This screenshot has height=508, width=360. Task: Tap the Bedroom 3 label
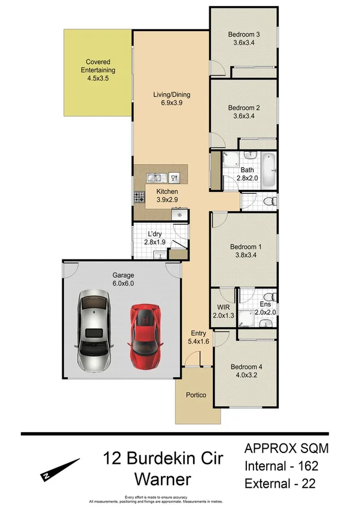243,34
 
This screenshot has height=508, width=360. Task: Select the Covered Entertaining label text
98,66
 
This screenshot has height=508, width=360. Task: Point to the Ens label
265,304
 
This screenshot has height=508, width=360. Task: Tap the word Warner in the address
163,479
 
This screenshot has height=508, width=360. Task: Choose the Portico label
196,395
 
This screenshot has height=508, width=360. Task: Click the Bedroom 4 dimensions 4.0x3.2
243,376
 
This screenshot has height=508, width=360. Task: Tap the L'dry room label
155,234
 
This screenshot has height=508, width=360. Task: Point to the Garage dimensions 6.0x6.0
123,284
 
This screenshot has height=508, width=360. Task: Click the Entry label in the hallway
199,333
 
